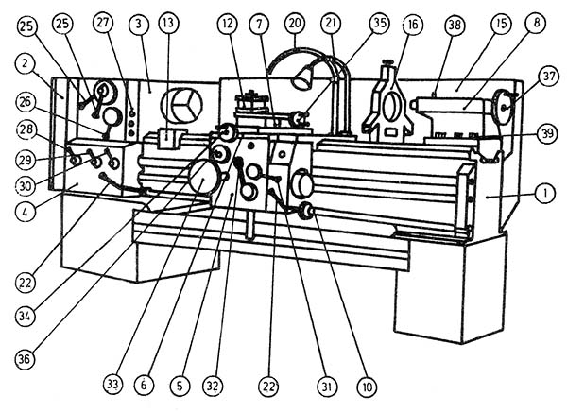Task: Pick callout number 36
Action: coord(30,358)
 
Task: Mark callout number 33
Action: coord(113,385)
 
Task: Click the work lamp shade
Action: coord(303,81)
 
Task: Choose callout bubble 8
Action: coord(536,21)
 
